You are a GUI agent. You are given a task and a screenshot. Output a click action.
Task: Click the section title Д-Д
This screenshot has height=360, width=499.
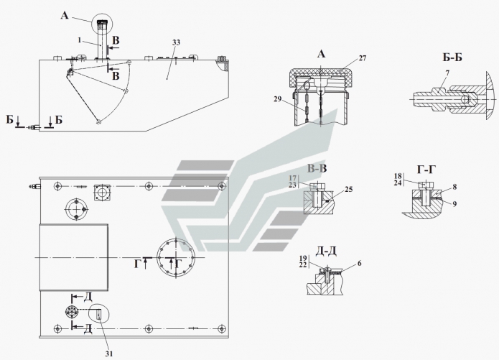(318, 250)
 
